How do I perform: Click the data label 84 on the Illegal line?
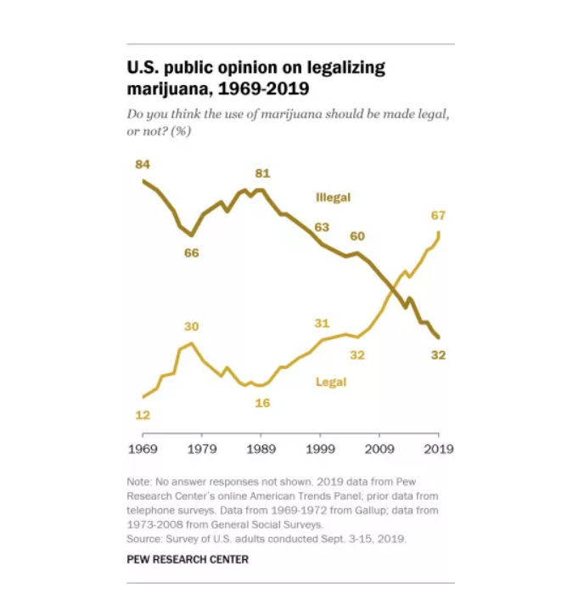tap(143, 163)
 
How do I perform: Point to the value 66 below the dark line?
tap(192, 253)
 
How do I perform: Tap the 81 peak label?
tap(261, 173)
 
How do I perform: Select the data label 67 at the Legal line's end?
tap(438, 215)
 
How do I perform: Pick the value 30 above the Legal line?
tap(192, 327)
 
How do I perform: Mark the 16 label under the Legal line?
tap(262, 402)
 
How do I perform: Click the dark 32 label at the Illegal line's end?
tap(438, 355)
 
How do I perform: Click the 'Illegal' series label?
tap(333, 198)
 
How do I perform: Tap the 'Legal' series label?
tap(331, 382)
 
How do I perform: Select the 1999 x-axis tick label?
tap(320, 447)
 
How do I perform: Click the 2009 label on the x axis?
tap(379, 447)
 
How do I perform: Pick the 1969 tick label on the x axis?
tap(143, 447)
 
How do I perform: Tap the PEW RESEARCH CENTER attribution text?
tap(188, 559)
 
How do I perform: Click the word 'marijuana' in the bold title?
tap(169, 88)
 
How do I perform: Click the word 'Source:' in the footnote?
tap(146, 539)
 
